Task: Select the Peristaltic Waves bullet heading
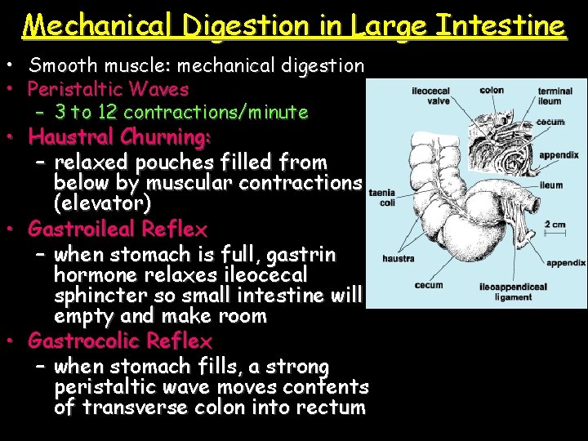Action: pyautogui.click(x=109, y=89)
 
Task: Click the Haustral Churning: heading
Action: pyautogui.click(x=120, y=136)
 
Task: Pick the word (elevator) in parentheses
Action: pyautogui.click(x=102, y=201)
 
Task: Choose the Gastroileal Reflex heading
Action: pyautogui.click(x=118, y=229)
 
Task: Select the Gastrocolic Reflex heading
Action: pyautogui.click(x=120, y=340)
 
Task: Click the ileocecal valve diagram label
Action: pyautogui.click(x=430, y=96)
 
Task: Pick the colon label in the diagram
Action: pyautogui.click(x=492, y=91)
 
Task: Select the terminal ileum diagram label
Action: pyautogui.click(x=555, y=96)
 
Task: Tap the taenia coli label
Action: pyautogui.click(x=382, y=198)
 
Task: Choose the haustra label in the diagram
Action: pyautogui.click(x=399, y=259)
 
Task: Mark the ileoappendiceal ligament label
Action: pyautogui.click(x=513, y=292)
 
